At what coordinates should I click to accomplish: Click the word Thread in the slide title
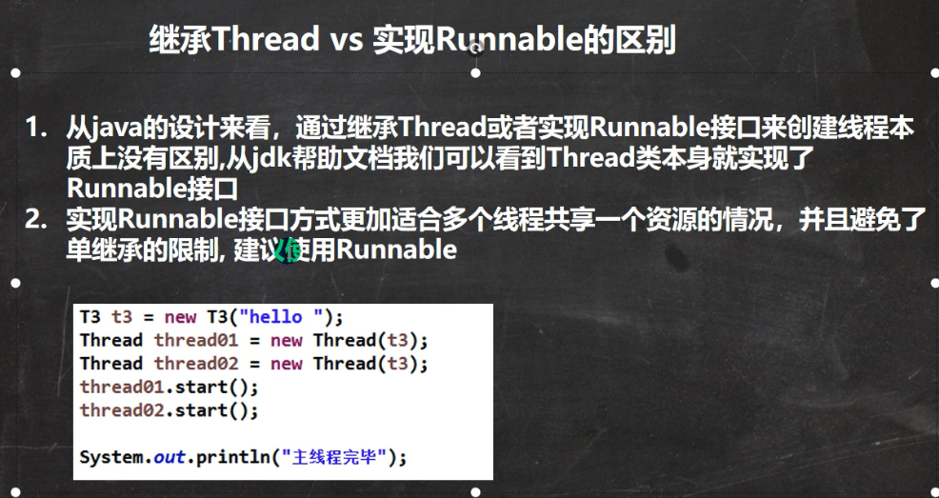(x=266, y=39)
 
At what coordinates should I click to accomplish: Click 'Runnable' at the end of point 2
(x=396, y=249)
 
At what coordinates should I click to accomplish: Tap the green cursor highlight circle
(x=288, y=250)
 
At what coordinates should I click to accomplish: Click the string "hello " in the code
(x=286, y=317)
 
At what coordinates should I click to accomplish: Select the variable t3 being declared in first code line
(x=122, y=317)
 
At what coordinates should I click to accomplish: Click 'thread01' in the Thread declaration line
(x=196, y=341)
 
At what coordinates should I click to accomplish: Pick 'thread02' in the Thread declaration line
(x=196, y=364)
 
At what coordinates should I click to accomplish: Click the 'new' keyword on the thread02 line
(x=287, y=364)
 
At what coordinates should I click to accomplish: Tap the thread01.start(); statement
(x=169, y=388)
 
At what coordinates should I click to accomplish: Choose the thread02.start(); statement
(x=169, y=410)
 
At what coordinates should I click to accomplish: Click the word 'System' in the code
(x=112, y=458)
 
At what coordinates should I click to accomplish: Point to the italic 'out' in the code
(x=170, y=458)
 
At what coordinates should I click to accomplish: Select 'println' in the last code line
(x=233, y=458)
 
